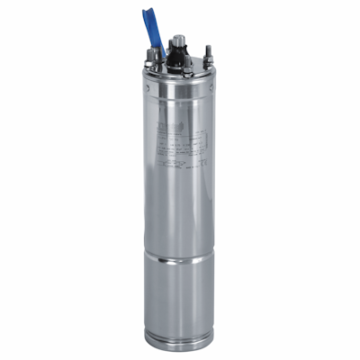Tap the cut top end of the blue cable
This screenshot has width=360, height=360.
[146, 13]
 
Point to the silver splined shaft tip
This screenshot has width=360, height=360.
[178, 40]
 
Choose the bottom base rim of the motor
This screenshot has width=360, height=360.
[180, 341]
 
